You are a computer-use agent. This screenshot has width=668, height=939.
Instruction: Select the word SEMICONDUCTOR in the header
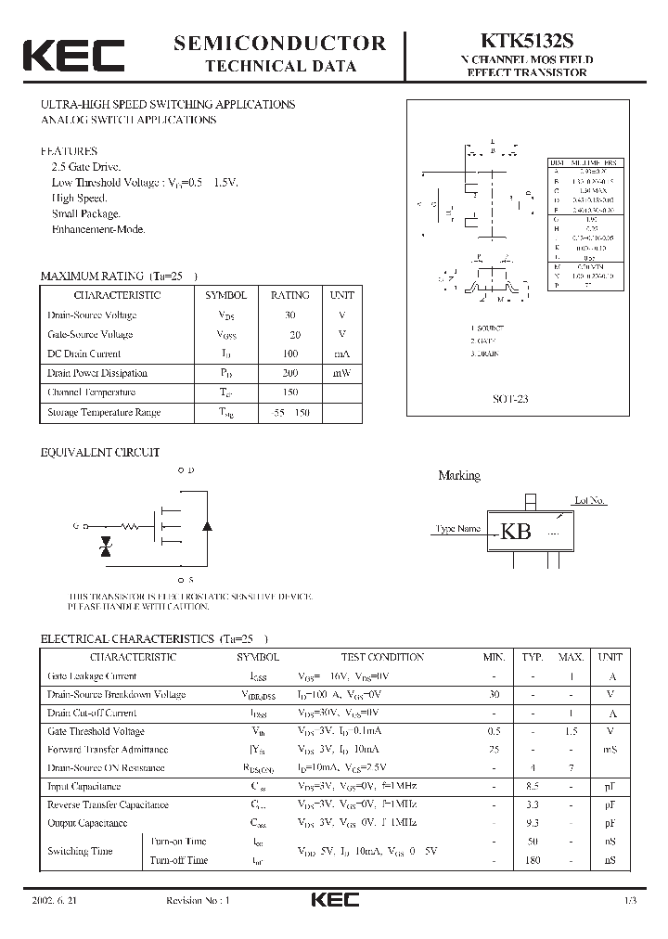pyautogui.click(x=280, y=43)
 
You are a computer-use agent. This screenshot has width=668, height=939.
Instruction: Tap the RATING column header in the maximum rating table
pyautogui.click(x=289, y=295)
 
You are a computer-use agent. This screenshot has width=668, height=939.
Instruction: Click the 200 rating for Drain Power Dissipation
pyautogui.click(x=289, y=373)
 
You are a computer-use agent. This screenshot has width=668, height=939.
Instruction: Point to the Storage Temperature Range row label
pyautogui.click(x=104, y=412)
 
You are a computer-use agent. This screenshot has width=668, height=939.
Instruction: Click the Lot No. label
pyautogui.click(x=590, y=501)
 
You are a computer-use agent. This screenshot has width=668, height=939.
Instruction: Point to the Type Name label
pyautogui.click(x=457, y=529)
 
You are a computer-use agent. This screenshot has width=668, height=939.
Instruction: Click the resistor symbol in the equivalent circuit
pyautogui.click(x=130, y=526)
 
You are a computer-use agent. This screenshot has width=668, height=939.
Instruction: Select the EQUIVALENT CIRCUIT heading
pyautogui.click(x=99, y=453)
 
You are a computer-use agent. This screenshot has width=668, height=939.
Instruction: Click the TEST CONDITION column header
pyautogui.click(x=382, y=657)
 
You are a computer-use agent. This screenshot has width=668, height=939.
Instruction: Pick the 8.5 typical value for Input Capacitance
pyautogui.click(x=532, y=787)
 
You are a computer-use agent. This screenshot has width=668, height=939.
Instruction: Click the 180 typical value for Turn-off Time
pyautogui.click(x=532, y=860)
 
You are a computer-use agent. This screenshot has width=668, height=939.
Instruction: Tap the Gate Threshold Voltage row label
pyautogui.click(x=96, y=731)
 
